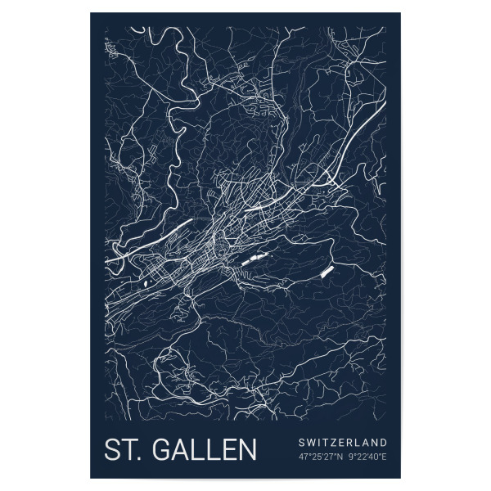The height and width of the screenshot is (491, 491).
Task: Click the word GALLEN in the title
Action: (206, 450)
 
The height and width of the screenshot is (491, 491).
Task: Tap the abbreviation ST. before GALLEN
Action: (124, 450)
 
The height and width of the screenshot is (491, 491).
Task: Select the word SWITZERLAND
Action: (344, 443)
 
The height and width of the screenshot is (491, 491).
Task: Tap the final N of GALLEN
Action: (246, 450)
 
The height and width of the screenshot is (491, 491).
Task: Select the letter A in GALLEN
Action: (182, 450)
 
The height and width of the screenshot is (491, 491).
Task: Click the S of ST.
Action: (113, 450)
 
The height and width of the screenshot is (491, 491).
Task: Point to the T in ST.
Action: (130, 450)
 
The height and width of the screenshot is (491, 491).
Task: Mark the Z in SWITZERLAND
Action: (337, 443)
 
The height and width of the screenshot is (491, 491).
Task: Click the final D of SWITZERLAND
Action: (384, 443)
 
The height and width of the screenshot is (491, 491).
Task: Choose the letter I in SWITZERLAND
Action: (322, 443)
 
